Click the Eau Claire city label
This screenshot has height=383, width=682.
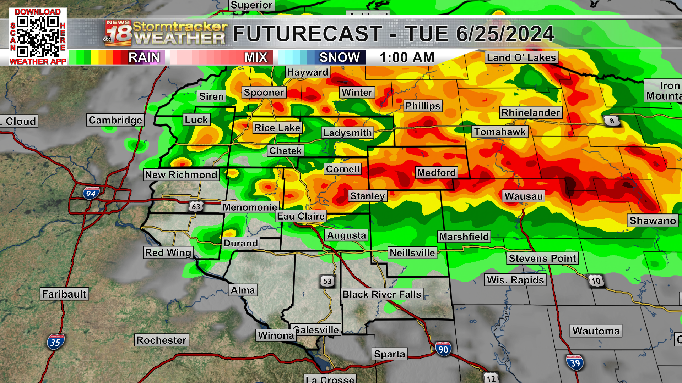point(301,216)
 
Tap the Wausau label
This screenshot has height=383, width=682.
point(524,196)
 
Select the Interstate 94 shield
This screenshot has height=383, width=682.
point(91,193)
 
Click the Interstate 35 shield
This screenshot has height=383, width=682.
point(55,342)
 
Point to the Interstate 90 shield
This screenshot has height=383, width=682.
point(443,349)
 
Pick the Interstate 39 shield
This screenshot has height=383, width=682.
point(575,363)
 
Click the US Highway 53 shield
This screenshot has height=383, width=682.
point(327,281)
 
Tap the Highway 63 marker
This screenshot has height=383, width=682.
point(196,206)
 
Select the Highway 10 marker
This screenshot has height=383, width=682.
point(596,281)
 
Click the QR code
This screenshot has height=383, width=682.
point(38,37)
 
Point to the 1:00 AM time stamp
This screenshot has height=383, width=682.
point(407,57)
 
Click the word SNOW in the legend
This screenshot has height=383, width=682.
point(339,57)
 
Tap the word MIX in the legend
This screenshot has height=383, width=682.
point(256,57)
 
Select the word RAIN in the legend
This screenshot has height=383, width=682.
point(144,57)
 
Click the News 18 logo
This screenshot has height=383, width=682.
point(118,33)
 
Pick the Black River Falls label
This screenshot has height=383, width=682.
point(381,294)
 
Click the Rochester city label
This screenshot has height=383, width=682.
point(161,340)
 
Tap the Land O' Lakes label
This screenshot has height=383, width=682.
point(521,57)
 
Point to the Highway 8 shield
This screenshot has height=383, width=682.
point(612,121)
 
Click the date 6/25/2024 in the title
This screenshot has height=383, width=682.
point(504,34)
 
